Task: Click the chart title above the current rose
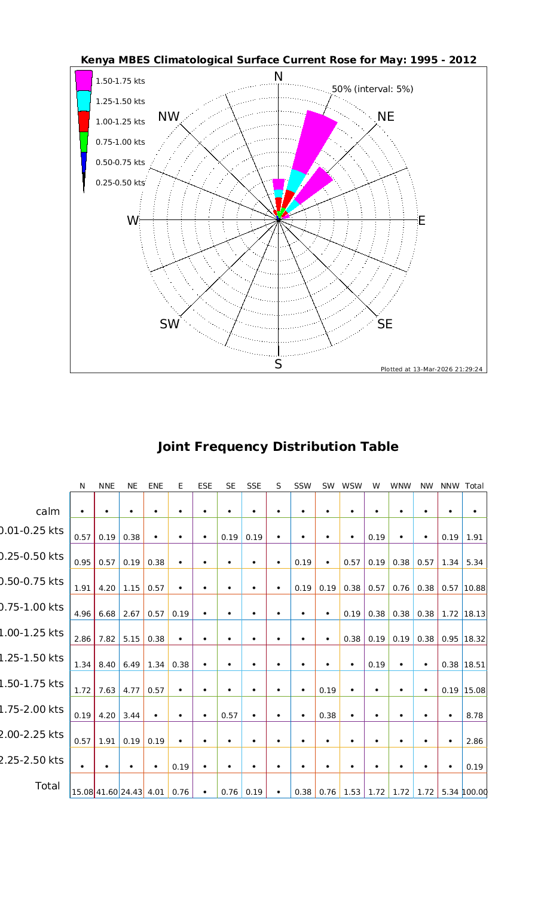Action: tap(279, 60)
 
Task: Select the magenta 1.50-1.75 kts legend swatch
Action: tap(84, 80)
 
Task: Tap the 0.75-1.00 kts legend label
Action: tap(120, 142)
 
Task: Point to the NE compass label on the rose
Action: tap(386, 117)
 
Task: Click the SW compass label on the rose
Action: tap(170, 324)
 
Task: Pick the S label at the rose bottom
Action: tap(278, 364)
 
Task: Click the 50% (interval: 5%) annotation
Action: tap(372, 89)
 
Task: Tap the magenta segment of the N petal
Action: tap(278, 184)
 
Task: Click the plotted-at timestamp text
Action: tap(432, 369)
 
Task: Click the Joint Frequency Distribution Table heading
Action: tap(278, 447)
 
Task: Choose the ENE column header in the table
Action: tap(155, 486)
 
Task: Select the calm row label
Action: tap(48, 511)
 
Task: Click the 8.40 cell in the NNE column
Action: tap(106, 664)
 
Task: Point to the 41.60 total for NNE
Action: tap(106, 792)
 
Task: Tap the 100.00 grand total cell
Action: tap(475, 792)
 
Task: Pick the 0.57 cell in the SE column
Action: tap(230, 716)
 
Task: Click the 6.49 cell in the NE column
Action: tap(131, 664)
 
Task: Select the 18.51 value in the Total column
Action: tap(475, 664)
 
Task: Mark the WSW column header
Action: tap(352, 486)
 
